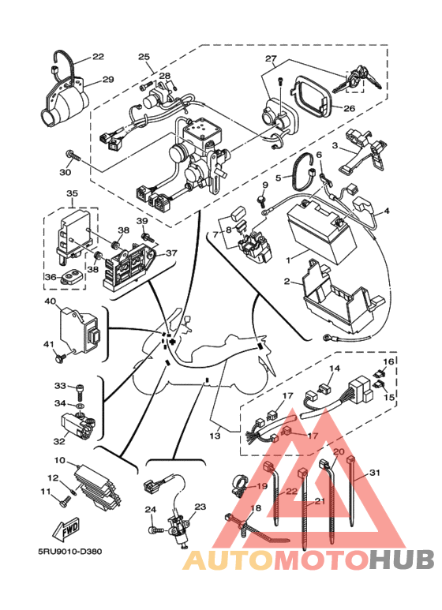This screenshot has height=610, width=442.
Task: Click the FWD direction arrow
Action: (66, 529)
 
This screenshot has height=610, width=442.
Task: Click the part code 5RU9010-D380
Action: (70, 552)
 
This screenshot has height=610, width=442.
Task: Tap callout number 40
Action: (51, 301)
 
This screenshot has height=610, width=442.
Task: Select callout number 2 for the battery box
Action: (287, 281)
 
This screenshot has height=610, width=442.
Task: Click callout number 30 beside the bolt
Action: (66, 171)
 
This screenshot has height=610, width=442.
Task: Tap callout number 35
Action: (73, 193)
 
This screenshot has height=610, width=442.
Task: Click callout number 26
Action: (349, 108)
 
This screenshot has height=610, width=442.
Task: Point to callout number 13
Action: (215, 436)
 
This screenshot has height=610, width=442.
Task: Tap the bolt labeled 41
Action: (60, 357)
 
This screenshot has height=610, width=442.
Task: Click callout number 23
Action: (200, 507)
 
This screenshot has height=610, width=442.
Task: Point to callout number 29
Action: (108, 80)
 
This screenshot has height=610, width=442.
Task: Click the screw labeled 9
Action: (261, 199)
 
